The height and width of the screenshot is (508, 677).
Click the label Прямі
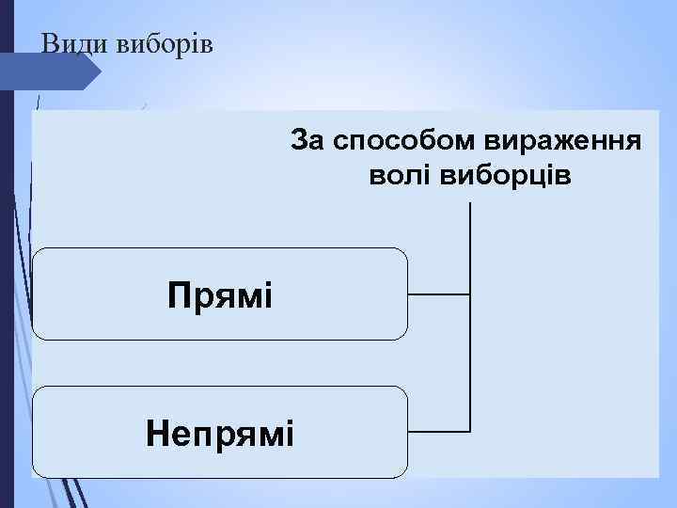click(220, 294)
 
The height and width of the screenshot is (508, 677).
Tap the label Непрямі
click(220, 433)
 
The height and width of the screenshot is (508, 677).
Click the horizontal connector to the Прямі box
click(438, 294)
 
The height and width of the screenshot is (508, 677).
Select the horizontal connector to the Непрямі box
click(438, 432)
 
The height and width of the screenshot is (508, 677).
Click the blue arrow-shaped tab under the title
click(56, 71)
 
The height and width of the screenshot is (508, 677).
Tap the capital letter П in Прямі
click(177, 294)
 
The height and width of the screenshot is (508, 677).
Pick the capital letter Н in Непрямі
click(156, 433)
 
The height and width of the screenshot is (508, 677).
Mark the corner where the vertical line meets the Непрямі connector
click(469, 432)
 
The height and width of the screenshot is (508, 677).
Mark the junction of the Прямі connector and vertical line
click(469, 294)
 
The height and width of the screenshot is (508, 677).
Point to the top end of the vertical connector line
click(469, 203)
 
